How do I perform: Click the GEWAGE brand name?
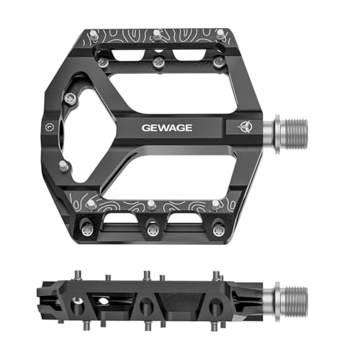coord(167,127)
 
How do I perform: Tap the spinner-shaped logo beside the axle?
coord(246,126)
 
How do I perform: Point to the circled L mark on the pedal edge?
coord(50,127)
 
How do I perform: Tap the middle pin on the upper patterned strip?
coord(157,35)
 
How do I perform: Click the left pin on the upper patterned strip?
coord(94,35)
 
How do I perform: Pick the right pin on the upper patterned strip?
coord(220,34)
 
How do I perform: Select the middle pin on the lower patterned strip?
coord(152,205)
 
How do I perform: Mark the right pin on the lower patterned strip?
coord(216,204)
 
